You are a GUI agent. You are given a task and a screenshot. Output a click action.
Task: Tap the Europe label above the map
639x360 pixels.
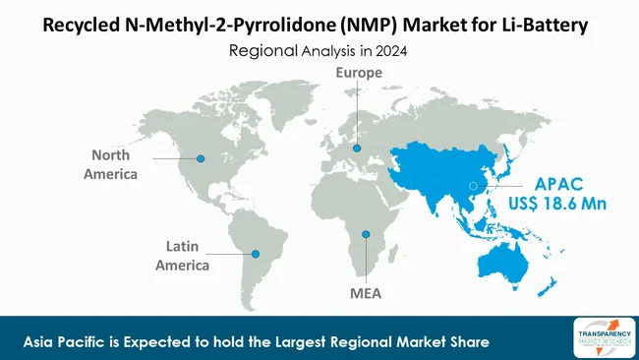(x=359, y=73)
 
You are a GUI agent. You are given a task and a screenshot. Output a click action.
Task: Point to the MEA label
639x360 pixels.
(x=366, y=293)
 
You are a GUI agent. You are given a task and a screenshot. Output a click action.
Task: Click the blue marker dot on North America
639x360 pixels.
(x=202, y=158)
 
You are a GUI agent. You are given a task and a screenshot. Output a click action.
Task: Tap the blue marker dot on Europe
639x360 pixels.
(x=358, y=149)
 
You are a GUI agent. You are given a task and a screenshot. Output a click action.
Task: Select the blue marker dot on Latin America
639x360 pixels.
(x=258, y=253)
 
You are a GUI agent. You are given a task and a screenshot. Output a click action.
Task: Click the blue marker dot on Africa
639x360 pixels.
(x=366, y=234)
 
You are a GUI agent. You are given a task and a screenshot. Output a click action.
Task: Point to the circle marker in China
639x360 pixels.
(x=473, y=185)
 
